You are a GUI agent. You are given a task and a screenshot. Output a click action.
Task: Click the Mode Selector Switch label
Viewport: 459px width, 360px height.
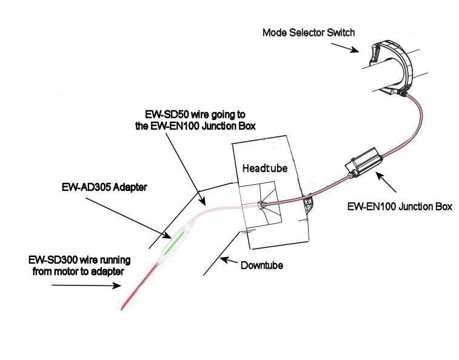point(307,32)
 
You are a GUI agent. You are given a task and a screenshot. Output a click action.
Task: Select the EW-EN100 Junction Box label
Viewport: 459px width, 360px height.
point(400,206)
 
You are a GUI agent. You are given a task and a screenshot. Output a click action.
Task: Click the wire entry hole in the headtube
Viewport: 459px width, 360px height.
point(261,205)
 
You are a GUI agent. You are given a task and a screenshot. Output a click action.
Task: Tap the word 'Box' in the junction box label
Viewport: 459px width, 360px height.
point(444,206)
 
